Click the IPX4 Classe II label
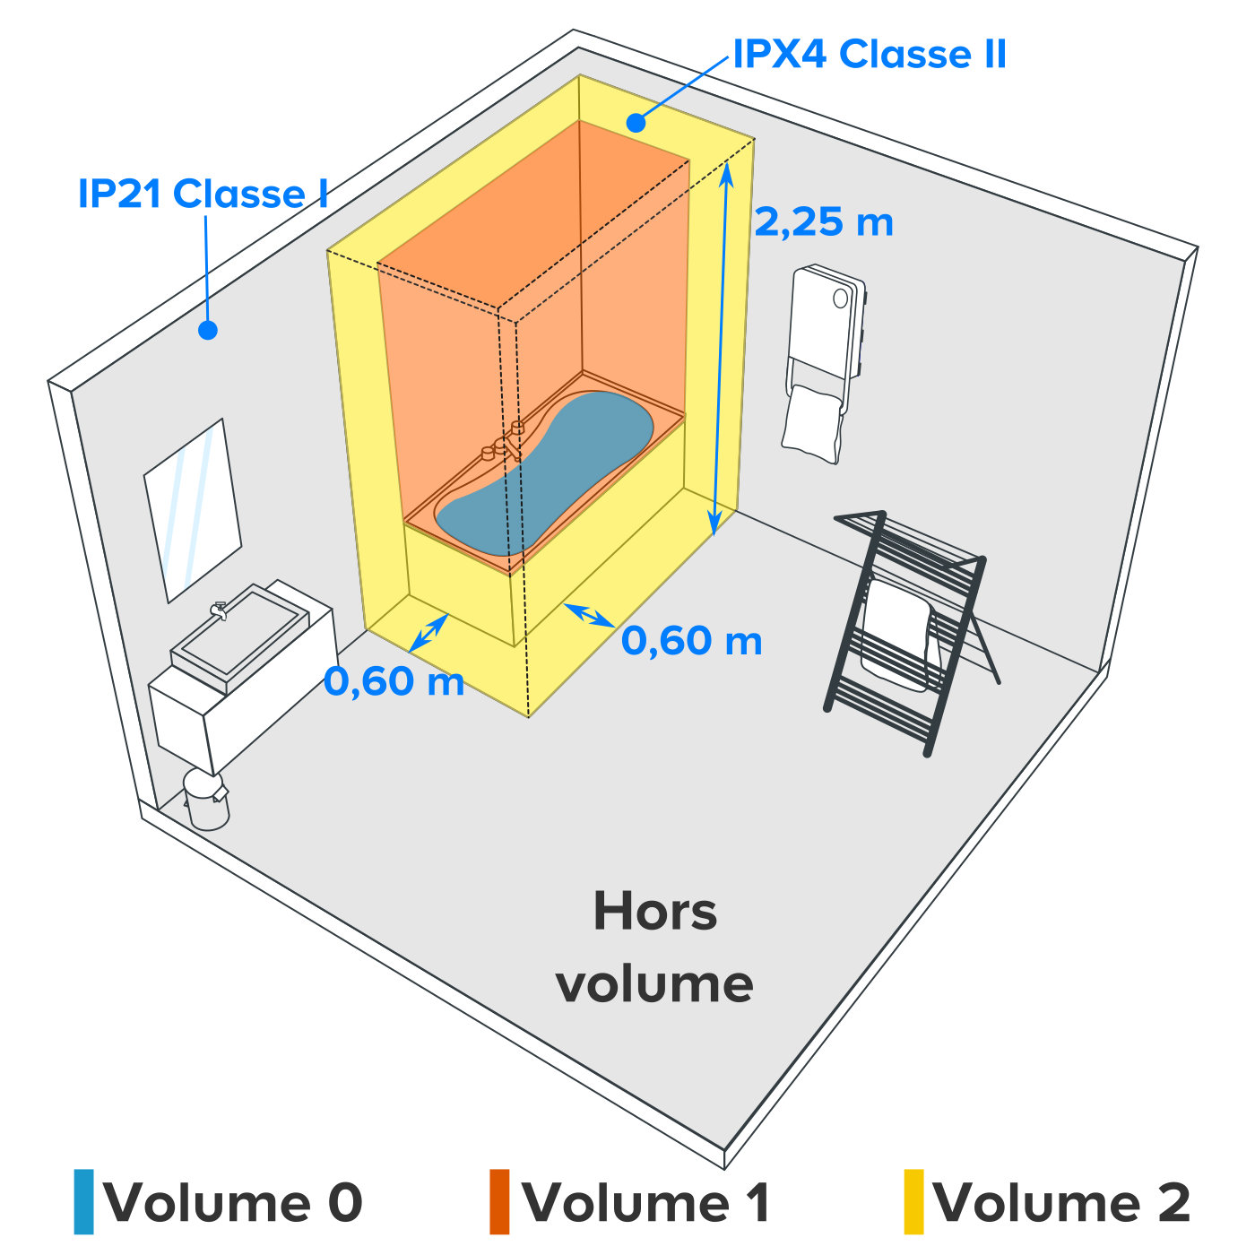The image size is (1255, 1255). [870, 54]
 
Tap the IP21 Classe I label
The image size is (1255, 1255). [203, 194]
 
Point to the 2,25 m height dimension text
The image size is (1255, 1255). [824, 222]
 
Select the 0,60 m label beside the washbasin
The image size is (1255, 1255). [394, 681]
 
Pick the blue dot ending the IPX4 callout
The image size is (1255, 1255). [636, 123]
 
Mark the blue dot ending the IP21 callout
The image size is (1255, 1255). [208, 330]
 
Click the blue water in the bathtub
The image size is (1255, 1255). [544, 472]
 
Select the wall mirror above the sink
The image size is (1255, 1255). [193, 510]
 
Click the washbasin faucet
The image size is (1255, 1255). [219, 610]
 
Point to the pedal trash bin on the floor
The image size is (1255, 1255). [206, 799]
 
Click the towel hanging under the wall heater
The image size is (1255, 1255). [813, 423]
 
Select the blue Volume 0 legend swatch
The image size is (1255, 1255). [84, 1201]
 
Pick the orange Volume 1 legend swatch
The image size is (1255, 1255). [499, 1201]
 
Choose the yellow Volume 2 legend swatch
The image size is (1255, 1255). [913, 1201]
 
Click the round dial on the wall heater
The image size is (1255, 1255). [840, 299]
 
